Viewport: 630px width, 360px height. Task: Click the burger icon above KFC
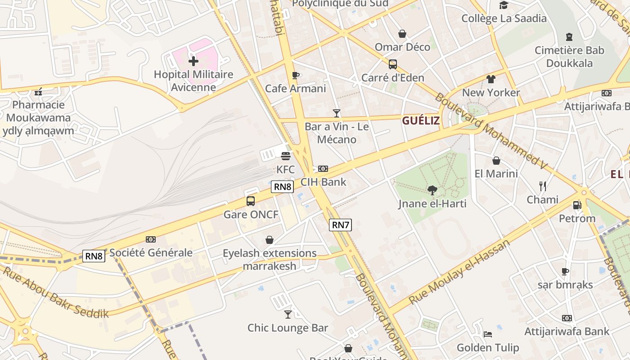coord(286,156)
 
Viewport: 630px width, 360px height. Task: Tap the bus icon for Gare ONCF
coord(251,201)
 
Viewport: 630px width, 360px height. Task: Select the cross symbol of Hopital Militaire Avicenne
coord(193,61)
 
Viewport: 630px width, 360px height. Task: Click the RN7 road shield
coord(340,225)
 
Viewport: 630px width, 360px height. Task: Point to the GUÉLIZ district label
coord(421,121)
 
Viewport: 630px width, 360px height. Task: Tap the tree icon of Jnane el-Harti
coord(432,190)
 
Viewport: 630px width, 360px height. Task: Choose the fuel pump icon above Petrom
coord(577,205)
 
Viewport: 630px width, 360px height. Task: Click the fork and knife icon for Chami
coord(543,186)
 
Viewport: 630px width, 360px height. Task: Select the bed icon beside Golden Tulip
coord(488,334)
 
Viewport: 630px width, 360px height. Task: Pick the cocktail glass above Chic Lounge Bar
coord(288,314)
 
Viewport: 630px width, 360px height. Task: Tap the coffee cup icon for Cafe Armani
coord(296,75)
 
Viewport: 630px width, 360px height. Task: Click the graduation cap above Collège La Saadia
coord(504,5)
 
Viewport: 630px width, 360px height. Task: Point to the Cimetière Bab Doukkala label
coord(569,56)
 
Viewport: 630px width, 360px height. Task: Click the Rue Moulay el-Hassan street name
coord(459,272)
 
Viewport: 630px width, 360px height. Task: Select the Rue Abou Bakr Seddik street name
coord(56,292)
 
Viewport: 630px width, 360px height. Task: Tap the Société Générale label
coord(151,253)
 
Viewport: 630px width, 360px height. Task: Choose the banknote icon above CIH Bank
coord(323,169)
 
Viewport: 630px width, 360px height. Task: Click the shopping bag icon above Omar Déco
coord(402,34)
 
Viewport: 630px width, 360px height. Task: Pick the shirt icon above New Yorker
coord(491,79)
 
